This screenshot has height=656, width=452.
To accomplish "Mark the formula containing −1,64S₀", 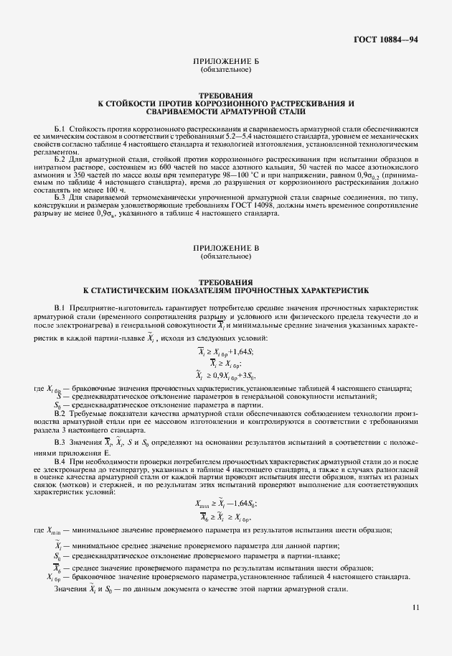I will [x=225, y=504].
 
